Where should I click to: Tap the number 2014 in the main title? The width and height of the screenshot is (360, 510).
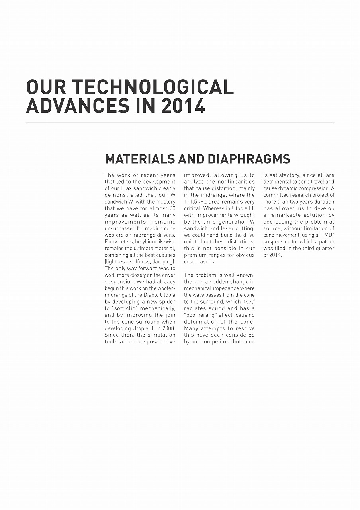184,106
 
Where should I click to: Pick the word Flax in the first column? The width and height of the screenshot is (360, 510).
128,188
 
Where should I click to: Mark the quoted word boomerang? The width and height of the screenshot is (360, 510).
199,315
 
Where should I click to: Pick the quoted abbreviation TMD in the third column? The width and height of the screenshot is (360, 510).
327,235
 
